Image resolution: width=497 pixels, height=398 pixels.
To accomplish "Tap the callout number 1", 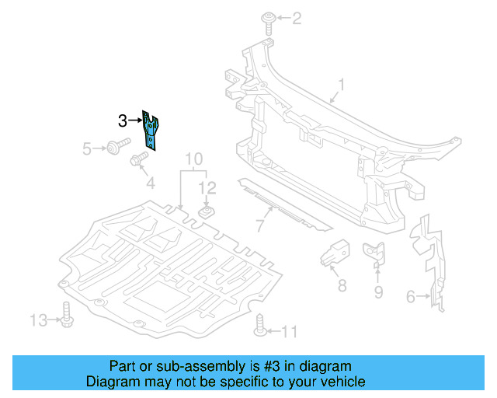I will coord(341,85).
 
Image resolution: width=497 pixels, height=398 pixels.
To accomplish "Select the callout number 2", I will coord(296,16).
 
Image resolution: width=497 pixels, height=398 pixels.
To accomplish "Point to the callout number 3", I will coord(123,120).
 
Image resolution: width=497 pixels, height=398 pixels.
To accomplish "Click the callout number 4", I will coord(151,183).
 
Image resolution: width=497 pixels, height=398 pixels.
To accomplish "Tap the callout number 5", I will coord(87,147).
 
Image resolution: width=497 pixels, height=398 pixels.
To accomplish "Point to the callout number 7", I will coord(259,226).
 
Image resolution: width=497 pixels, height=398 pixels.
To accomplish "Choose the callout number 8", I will coord(341,285).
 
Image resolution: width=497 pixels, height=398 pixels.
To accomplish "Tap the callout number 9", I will coord(378,292).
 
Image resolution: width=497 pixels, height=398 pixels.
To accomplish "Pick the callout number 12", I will coord(207,187).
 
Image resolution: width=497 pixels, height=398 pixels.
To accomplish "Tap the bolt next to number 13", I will coord(66,319).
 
